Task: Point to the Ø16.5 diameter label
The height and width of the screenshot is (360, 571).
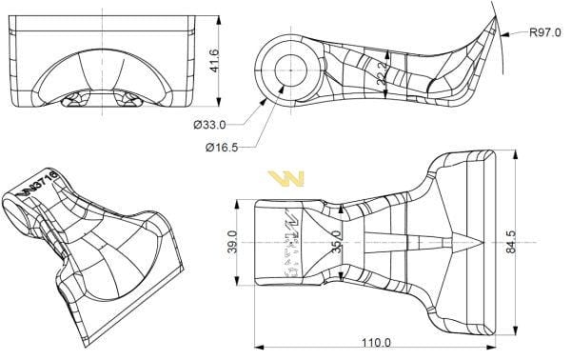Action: point(222,147)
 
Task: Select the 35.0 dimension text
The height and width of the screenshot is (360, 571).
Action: point(335,241)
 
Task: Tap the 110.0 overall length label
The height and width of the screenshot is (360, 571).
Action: point(374,342)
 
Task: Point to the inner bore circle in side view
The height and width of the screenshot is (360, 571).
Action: point(290,70)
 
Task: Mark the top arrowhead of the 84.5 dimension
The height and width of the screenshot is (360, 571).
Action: point(514,151)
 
